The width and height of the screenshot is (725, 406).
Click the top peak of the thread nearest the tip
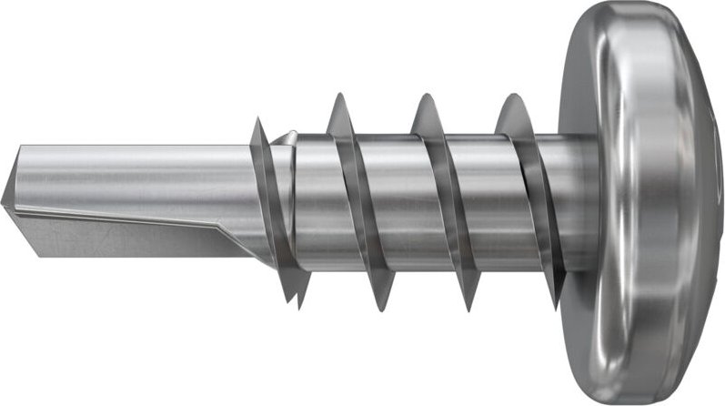[258, 120]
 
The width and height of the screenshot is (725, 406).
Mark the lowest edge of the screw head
[637, 401]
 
